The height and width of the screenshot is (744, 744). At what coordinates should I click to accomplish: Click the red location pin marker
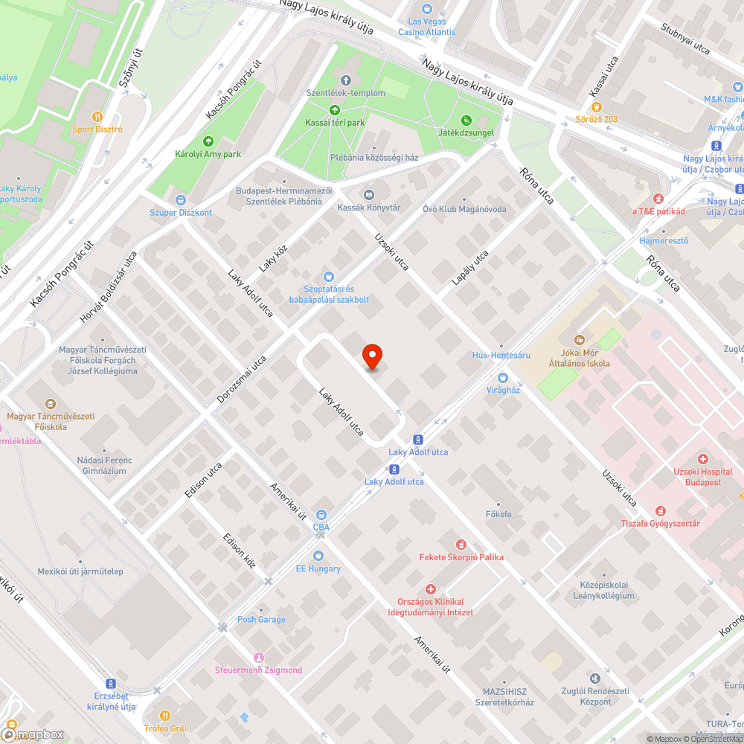click(x=372, y=357)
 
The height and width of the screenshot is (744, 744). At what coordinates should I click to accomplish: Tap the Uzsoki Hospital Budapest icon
click(x=702, y=459)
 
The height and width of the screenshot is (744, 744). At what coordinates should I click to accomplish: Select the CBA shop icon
click(x=321, y=515)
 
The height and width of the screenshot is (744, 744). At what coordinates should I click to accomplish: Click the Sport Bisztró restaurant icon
click(x=97, y=117)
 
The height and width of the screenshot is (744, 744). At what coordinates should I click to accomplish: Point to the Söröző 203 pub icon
click(x=596, y=107)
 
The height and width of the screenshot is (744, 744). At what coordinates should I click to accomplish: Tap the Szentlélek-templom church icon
click(x=345, y=80)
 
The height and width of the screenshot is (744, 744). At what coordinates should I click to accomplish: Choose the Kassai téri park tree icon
click(x=334, y=109)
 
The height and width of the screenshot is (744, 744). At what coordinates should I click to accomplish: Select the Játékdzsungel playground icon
click(x=466, y=120)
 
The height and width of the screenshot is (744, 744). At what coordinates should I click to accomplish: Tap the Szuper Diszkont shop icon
click(x=181, y=200)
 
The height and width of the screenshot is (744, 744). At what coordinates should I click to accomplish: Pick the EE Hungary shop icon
click(x=318, y=556)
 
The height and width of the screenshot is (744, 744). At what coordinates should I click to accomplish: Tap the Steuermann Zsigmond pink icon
click(x=259, y=657)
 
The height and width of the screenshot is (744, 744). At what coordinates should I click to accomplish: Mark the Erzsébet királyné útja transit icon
click(x=111, y=684)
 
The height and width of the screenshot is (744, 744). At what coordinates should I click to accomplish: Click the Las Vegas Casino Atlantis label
click(x=427, y=22)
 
